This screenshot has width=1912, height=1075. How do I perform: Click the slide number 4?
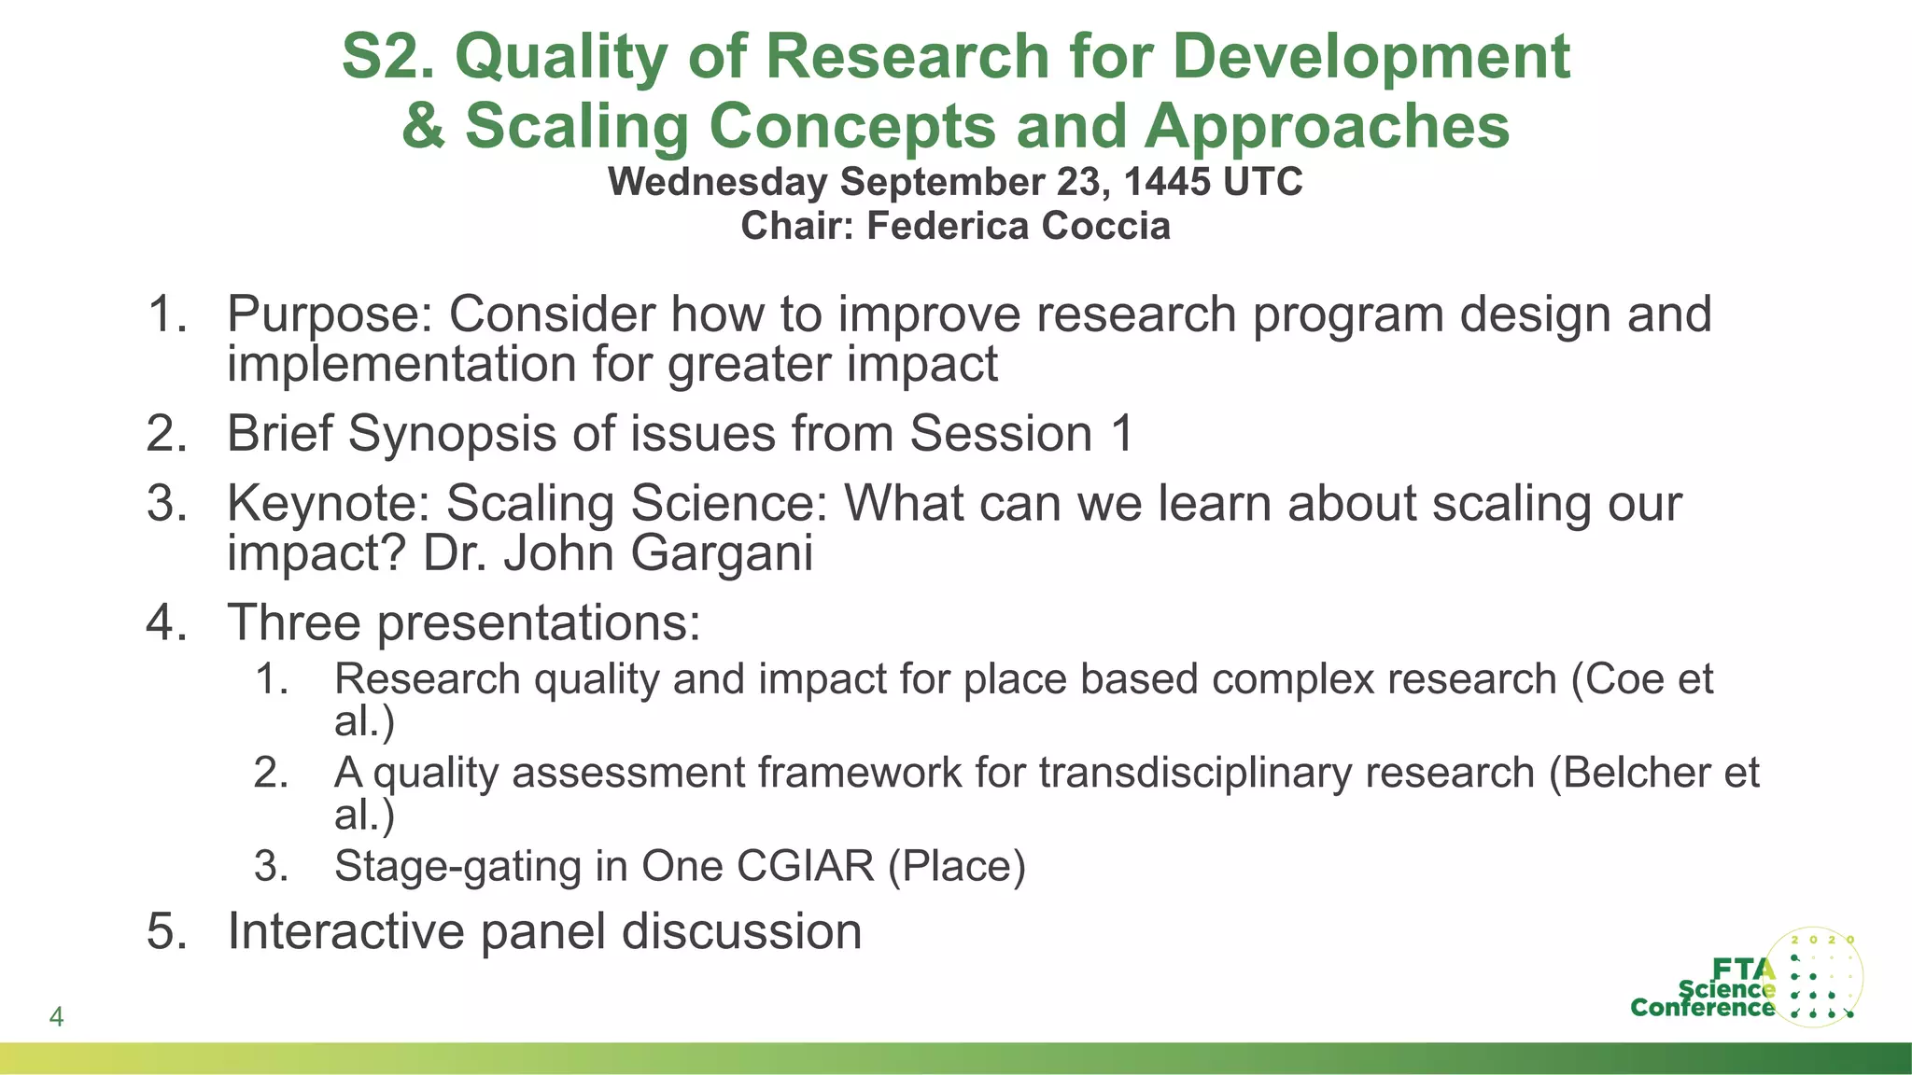pyautogui.click(x=56, y=1016)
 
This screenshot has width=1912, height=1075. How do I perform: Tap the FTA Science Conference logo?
pyautogui.click(x=1747, y=978)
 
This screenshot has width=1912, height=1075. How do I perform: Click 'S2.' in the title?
pyautogui.click(x=388, y=56)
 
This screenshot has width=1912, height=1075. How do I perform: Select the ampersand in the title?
pyautogui.click(x=423, y=126)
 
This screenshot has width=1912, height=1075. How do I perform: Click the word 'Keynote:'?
pyautogui.click(x=329, y=504)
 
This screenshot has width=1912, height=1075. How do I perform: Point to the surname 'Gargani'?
pyautogui.click(x=722, y=553)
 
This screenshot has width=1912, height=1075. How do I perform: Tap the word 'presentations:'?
pyautogui.click(x=539, y=622)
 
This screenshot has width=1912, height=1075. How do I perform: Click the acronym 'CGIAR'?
pyautogui.click(x=806, y=866)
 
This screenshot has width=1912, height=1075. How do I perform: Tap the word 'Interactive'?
pyautogui.click(x=346, y=931)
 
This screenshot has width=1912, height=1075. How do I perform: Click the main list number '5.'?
pyautogui.click(x=168, y=931)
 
